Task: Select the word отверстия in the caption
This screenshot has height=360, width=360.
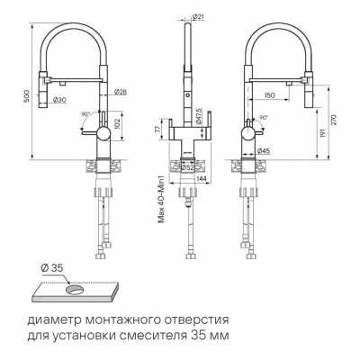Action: click(x=197, y=319)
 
